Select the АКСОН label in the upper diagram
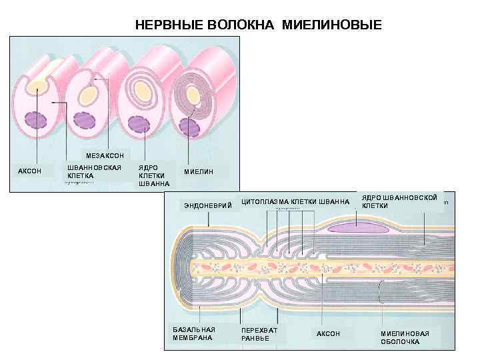29,171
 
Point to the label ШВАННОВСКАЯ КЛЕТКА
94,171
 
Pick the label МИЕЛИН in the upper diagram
199,171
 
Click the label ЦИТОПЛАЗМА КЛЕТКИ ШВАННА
295,201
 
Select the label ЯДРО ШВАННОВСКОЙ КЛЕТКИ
399,201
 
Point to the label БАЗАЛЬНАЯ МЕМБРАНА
193,333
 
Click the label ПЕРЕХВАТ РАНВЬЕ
259,333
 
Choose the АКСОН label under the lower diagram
328,333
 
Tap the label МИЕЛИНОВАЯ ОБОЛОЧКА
405,337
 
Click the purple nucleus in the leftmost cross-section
33,121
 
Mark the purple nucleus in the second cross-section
85,121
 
